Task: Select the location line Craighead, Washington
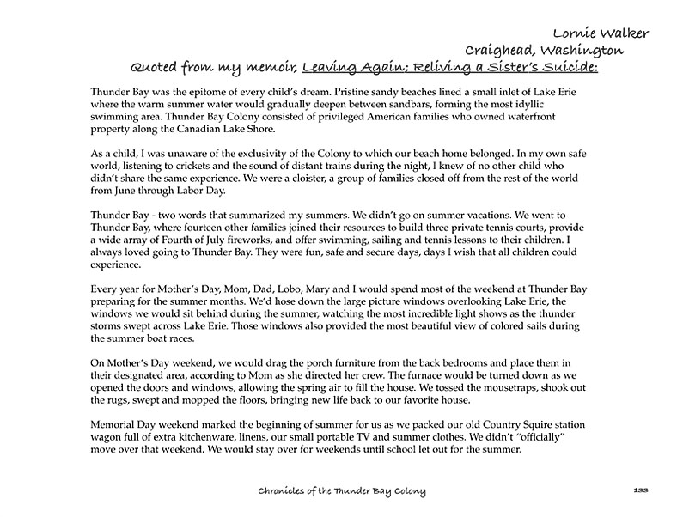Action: pyautogui.click(x=544, y=51)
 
